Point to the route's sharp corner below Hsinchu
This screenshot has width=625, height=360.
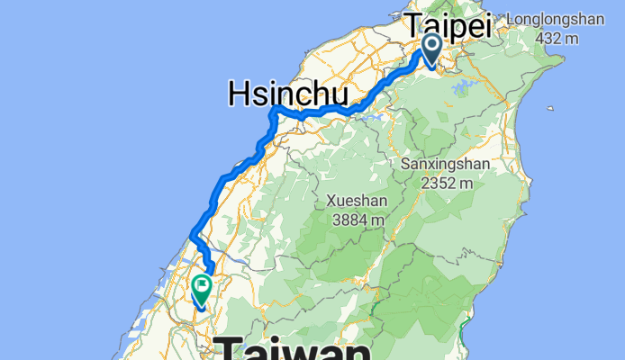coord(273,111)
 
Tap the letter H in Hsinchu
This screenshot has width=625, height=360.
coord(240,94)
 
